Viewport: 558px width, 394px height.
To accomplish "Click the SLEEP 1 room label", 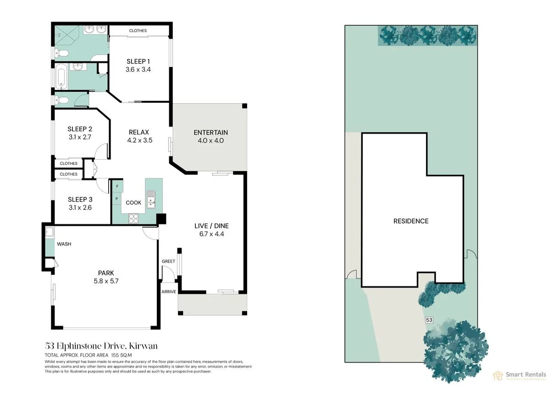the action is pyautogui.click(x=138, y=61).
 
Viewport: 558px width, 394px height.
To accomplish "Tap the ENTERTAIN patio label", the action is pyautogui.click(x=211, y=133).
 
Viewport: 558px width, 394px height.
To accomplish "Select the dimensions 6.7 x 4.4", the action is pyautogui.click(x=211, y=234).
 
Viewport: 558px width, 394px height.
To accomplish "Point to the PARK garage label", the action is pyautogui.click(x=106, y=273).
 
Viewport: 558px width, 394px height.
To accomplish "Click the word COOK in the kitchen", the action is pyautogui.click(x=133, y=203).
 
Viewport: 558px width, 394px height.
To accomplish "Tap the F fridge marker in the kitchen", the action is pyautogui.click(x=117, y=186).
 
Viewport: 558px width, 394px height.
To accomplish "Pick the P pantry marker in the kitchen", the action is pyautogui.click(x=117, y=199).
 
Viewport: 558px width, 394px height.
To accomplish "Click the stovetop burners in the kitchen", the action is pyautogui.click(x=133, y=218).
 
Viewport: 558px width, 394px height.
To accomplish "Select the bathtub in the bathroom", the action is pyautogui.click(x=61, y=77).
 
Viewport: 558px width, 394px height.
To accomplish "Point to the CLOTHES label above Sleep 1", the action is pyautogui.click(x=138, y=31).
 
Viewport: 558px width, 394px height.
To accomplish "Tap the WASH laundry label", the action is pyautogui.click(x=64, y=244).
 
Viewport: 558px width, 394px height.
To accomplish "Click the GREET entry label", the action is pyautogui.click(x=168, y=261).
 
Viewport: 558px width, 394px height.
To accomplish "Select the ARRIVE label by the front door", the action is pyautogui.click(x=169, y=292).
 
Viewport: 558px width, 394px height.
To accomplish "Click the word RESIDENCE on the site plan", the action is pyautogui.click(x=411, y=221).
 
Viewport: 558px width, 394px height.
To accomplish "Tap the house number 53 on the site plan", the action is pyautogui.click(x=429, y=320).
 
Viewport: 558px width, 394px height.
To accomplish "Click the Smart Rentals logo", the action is pyautogui.click(x=519, y=375).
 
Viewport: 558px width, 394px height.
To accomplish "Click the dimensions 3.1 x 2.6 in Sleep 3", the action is pyautogui.click(x=80, y=207).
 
